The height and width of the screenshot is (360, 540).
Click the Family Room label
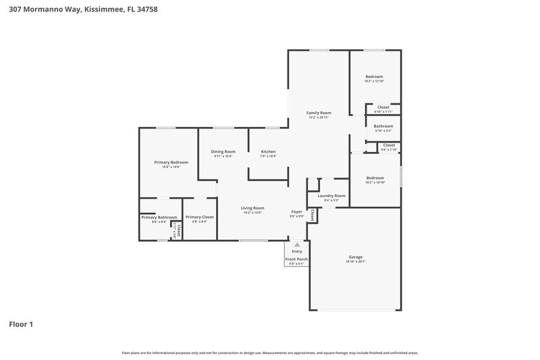click(x=319, y=113)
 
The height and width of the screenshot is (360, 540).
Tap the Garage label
click(x=356, y=257)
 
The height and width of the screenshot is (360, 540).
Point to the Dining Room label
click(x=223, y=151)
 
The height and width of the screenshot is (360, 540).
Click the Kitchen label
click(x=268, y=151)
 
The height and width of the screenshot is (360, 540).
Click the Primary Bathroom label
click(x=159, y=217)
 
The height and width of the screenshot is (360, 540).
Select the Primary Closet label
click(x=200, y=217)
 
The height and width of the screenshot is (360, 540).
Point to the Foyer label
click(x=297, y=211)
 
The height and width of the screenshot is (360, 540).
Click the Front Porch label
click(x=297, y=259)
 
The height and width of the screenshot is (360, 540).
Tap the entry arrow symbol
click(x=297, y=245)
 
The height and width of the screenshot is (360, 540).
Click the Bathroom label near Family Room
click(x=383, y=126)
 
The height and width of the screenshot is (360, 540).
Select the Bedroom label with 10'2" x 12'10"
click(x=375, y=76)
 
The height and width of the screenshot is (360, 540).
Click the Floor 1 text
click(x=21, y=324)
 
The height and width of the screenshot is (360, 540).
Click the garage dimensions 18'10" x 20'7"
click(x=356, y=261)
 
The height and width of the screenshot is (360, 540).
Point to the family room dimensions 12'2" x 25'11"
click(x=319, y=118)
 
